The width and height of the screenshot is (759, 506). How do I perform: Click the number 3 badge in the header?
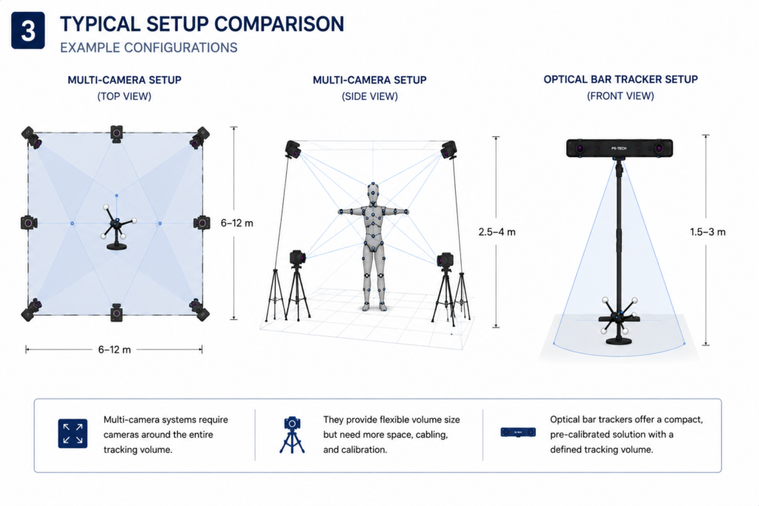point(28,30)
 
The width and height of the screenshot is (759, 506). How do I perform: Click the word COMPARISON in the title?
point(279,24)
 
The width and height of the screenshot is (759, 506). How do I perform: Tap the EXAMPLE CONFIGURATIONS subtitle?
point(148,48)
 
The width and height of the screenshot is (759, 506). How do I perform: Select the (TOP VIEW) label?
point(125,96)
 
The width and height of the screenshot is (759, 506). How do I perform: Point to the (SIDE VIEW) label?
point(370,96)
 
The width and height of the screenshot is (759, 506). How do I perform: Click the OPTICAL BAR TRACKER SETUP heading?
point(620,79)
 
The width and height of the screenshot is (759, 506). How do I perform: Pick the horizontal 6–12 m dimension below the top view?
point(114,349)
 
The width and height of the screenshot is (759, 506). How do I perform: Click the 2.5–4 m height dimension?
point(497,232)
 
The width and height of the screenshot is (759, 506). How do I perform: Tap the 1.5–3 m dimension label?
point(708,232)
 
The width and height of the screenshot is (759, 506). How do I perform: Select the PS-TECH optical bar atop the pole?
point(620,148)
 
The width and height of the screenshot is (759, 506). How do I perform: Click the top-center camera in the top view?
point(116,133)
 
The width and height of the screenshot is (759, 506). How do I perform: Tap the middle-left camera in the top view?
point(29,223)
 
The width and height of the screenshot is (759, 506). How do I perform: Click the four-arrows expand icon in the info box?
point(73,433)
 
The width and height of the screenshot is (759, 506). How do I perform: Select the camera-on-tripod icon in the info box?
point(292,434)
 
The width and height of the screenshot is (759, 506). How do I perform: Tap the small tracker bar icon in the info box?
point(518,432)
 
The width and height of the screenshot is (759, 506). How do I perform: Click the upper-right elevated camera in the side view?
point(448,150)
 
